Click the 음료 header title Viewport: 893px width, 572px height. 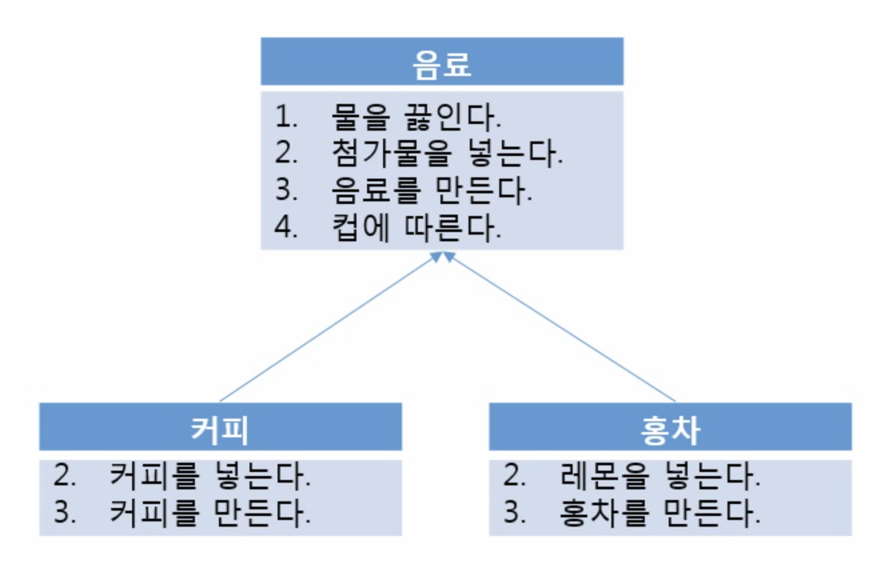[x=442, y=65]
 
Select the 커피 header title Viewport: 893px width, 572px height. [x=220, y=430]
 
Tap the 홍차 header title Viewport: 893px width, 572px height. [x=669, y=430]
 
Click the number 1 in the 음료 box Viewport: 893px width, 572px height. [x=286, y=119]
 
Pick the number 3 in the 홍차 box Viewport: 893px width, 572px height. [x=514, y=513]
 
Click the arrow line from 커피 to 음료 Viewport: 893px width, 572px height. [x=327, y=327]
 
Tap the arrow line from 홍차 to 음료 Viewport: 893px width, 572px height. [x=561, y=327]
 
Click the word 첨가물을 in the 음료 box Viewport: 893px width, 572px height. [x=390, y=155]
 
